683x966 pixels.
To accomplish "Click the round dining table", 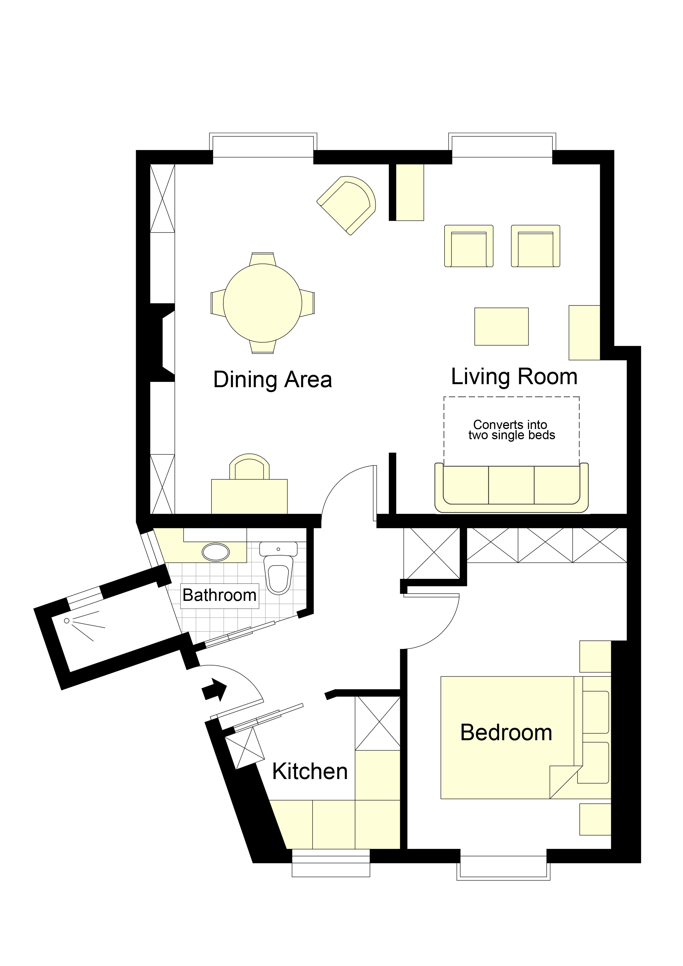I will pyautogui.click(x=262, y=303).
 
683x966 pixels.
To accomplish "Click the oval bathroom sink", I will pyautogui.click(x=216, y=552).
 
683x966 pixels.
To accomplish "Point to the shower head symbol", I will pyautogui.click(x=66, y=621).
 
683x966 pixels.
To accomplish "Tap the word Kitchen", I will pyautogui.click(x=310, y=771).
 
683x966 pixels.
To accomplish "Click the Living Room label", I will pyautogui.click(x=514, y=376).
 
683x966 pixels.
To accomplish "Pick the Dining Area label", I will pyautogui.click(x=273, y=379).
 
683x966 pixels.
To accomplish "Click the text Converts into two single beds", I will pyautogui.click(x=511, y=430).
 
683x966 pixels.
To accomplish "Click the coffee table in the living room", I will pyautogui.click(x=501, y=327).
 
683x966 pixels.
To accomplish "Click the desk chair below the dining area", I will pyautogui.click(x=250, y=467).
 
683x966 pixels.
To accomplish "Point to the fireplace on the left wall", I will pyautogui.click(x=164, y=343).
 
